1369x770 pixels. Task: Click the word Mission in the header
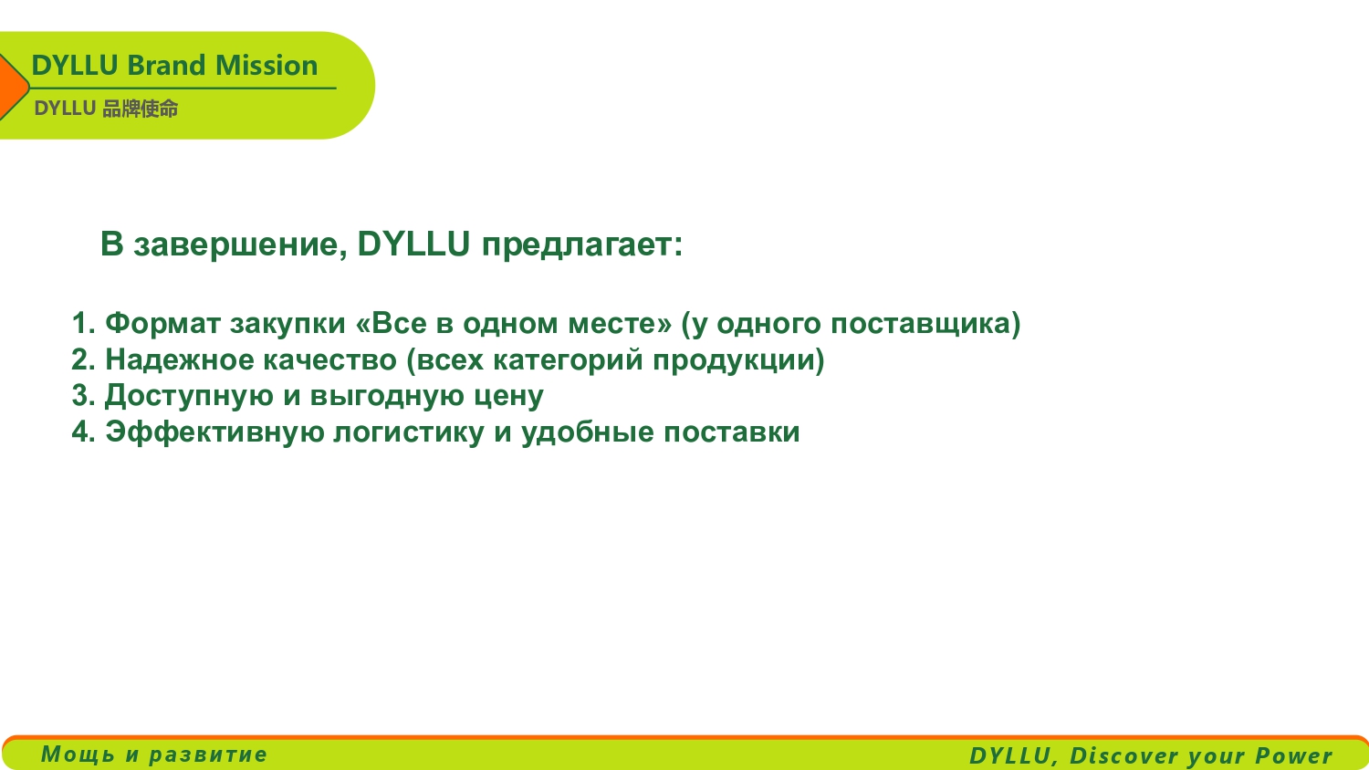266,66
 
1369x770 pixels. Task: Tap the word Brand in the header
166,66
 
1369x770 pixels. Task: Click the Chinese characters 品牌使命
140,109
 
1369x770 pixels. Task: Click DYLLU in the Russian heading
413,244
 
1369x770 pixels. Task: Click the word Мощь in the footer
78,754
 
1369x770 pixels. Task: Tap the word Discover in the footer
1125,755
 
